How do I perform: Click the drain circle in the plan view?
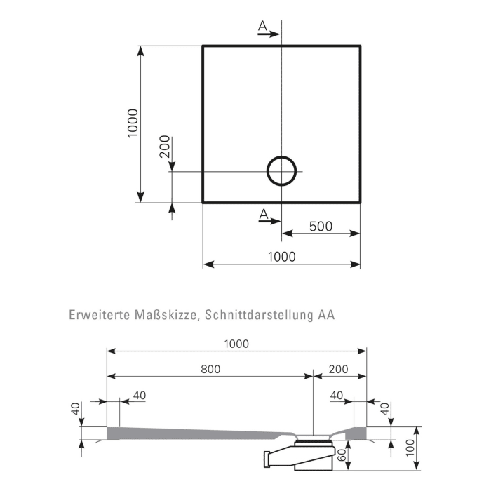pyautogui.click(x=281, y=170)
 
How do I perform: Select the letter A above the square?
pyautogui.click(x=262, y=26)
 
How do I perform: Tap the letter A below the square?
pyautogui.click(x=263, y=213)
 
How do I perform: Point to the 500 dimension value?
pyautogui.click(x=320, y=227)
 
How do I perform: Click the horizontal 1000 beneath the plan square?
pyautogui.click(x=281, y=257)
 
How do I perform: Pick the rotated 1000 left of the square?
pyautogui.click(x=133, y=124)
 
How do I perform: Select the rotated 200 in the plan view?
pyautogui.click(x=165, y=147)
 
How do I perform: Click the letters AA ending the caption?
pyautogui.click(x=325, y=315)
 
